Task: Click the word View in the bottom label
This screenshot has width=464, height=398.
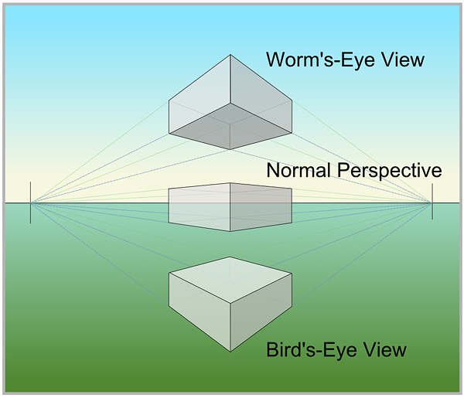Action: [384, 349]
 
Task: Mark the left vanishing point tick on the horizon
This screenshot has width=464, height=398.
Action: [31, 203]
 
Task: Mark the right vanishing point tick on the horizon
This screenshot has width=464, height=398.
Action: [432, 203]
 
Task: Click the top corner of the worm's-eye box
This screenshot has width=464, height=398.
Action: [230, 55]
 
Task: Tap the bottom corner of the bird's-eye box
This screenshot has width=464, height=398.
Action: [230, 352]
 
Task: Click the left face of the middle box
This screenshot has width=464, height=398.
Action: [200, 204]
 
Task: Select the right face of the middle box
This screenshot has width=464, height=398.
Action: [260, 204]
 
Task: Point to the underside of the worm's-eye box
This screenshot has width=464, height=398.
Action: [230, 128]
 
